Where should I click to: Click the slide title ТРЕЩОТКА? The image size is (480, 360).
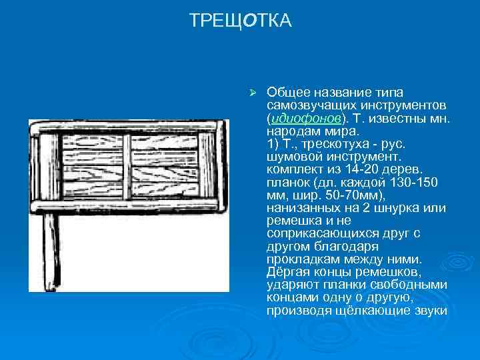(240, 21)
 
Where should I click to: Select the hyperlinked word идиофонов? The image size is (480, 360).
(306, 117)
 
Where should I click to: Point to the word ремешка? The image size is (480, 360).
(291, 220)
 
